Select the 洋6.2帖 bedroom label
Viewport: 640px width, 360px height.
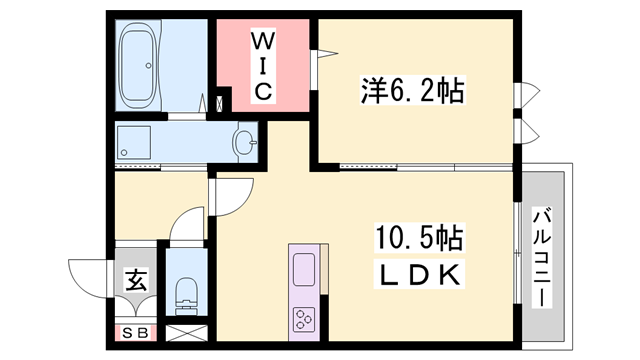point(411,92)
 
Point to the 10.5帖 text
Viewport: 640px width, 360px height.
point(418,239)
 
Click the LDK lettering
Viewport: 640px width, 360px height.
point(419,273)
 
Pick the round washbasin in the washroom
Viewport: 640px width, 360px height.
point(244,142)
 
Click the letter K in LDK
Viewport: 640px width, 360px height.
point(448,273)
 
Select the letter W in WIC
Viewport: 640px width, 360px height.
point(262,43)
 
